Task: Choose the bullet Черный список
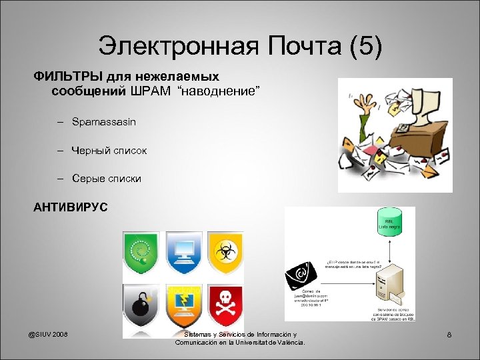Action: (109, 151)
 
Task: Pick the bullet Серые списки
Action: (106, 179)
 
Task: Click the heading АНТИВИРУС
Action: (70, 207)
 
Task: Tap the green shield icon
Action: (141, 253)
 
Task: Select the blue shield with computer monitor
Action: (183, 253)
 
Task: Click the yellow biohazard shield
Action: (225, 253)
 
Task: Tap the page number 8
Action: (449, 335)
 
